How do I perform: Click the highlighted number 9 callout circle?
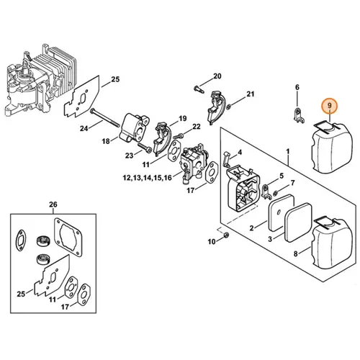click(330, 106)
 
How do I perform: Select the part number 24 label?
click(84, 129)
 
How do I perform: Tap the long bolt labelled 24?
click(104, 117)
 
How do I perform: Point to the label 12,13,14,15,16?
click(148, 178)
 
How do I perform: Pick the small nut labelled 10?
click(225, 235)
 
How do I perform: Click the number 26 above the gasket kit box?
click(53, 204)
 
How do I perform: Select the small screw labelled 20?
click(199, 90)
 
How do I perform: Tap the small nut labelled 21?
click(229, 106)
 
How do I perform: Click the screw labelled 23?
click(145, 147)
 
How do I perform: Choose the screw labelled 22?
click(178, 136)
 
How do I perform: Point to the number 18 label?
click(106, 141)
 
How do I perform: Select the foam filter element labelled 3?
click(297, 222)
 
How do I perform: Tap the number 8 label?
click(296, 253)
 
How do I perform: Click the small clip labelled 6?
click(299, 115)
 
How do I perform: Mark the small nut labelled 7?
click(276, 192)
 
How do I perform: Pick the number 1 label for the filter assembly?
click(288, 152)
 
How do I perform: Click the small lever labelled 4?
click(226, 158)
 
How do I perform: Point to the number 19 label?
click(182, 118)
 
